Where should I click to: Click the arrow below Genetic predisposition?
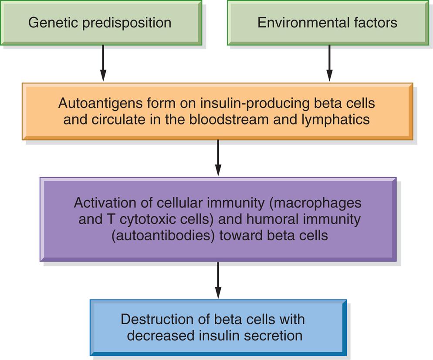click(x=103, y=63)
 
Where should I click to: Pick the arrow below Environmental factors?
click(x=329, y=63)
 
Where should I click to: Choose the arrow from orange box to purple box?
click(x=218, y=158)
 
